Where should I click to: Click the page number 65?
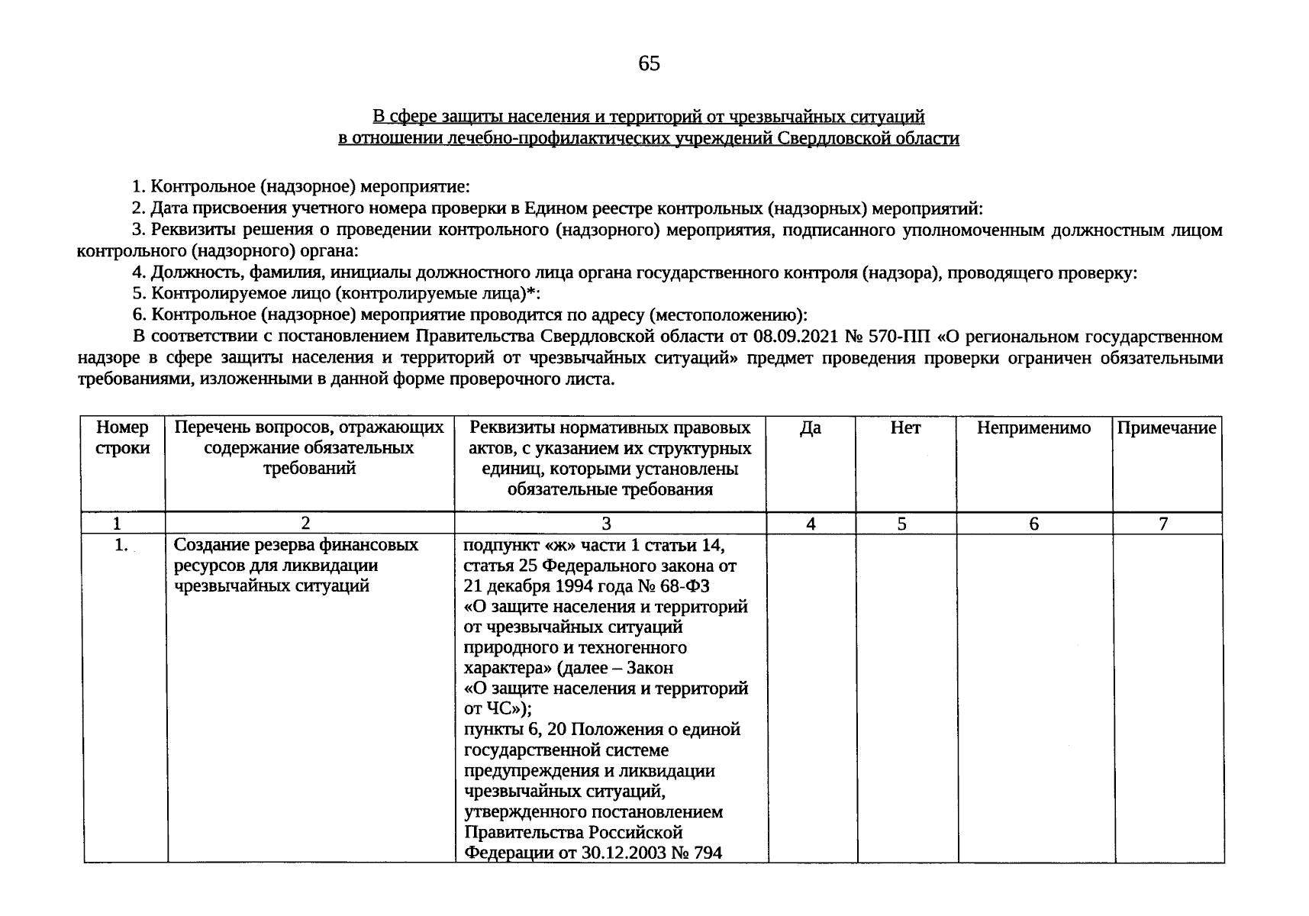click(649, 64)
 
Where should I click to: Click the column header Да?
click(810, 428)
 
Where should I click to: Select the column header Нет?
click(905, 428)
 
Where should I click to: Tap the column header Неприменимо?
click(1033, 428)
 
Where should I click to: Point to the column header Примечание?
click(1166, 428)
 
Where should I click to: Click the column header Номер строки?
click(122, 438)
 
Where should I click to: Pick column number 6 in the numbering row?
click(1033, 524)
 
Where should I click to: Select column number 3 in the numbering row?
click(606, 524)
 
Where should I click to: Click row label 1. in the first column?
click(120, 545)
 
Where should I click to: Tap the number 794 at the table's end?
click(707, 853)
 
